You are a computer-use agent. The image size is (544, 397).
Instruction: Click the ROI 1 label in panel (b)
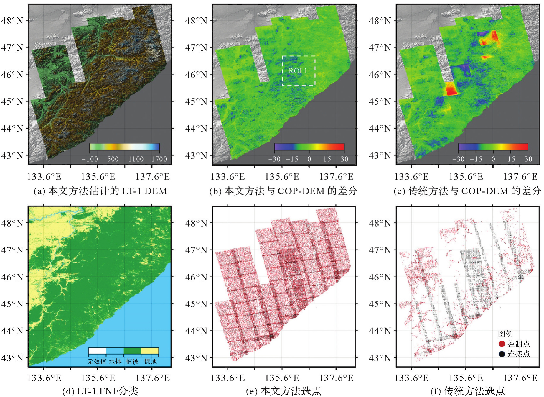click(x=298, y=71)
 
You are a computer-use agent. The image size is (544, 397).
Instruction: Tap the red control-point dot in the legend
click(x=502, y=344)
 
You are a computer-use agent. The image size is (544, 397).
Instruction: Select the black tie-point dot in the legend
click(x=502, y=354)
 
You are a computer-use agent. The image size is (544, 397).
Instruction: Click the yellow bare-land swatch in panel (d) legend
click(x=150, y=351)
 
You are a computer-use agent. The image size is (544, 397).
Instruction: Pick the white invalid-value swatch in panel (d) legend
click(x=97, y=351)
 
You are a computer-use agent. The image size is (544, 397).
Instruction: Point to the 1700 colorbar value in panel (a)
click(x=159, y=159)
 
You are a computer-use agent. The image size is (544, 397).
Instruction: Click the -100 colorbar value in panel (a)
click(x=90, y=159)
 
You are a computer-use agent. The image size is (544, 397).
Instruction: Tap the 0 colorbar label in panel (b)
click(x=309, y=159)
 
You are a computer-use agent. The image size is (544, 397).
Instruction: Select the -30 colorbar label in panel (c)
click(x=458, y=159)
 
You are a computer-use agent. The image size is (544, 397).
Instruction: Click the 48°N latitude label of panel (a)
click(x=12, y=21)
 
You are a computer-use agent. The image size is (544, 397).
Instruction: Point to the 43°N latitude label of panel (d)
click(x=12, y=358)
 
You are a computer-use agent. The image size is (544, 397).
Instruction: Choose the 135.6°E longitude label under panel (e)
click(x=282, y=378)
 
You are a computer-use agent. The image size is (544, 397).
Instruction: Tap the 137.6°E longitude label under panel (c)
click(x=520, y=177)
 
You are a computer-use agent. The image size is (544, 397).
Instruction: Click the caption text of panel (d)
click(x=100, y=391)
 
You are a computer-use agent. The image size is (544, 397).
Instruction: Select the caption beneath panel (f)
click(x=468, y=391)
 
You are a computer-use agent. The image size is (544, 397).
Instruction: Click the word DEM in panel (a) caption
click(x=156, y=191)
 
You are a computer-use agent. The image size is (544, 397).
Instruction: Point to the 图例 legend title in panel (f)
click(x=505, y=334)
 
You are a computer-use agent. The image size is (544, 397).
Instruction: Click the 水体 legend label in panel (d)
click(x=115, y=361)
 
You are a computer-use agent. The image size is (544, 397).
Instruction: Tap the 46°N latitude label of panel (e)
click(x=196, y=277)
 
